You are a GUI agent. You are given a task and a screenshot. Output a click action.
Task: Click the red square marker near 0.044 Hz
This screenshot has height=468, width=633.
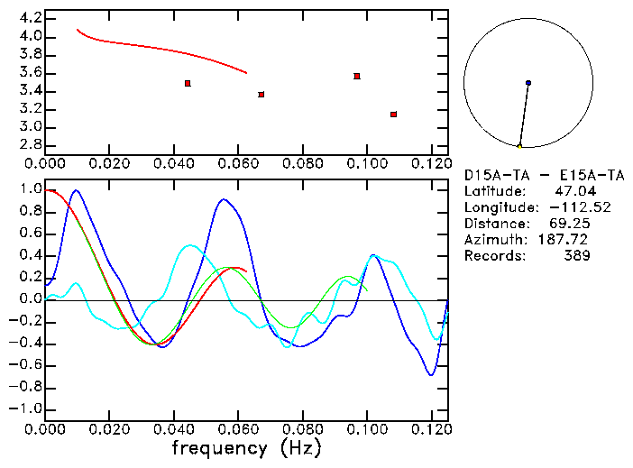click(188, 83)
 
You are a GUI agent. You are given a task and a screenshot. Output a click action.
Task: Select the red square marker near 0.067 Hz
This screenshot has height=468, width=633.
click(261, 94)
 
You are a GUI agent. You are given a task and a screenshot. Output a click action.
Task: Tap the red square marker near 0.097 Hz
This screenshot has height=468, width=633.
click(357, 76)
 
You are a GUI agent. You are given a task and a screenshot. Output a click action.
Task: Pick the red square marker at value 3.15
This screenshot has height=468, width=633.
click(394, 115)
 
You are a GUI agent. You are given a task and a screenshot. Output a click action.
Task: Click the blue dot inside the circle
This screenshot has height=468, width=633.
click(528, 83)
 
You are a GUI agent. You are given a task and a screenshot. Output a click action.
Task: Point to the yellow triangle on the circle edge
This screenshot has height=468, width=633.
click(519, 146)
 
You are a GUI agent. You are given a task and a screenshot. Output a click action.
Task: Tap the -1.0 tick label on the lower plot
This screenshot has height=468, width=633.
click(25, 408)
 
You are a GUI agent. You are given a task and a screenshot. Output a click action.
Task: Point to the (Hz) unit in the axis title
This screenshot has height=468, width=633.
click(300, 448)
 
